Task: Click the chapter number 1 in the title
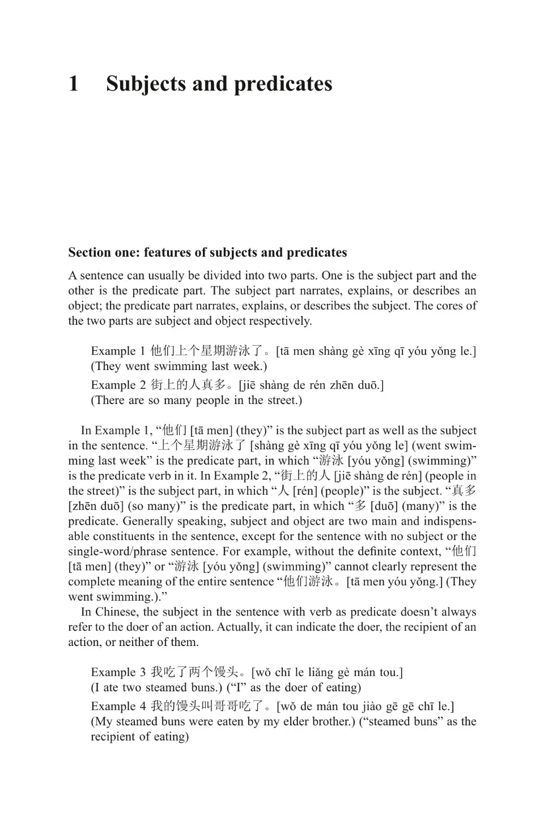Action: click(74, 84)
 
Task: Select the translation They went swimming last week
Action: click(178, 367)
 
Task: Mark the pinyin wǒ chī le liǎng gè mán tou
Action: click(327, 673)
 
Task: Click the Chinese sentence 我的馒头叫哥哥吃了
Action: click(213, 707)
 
